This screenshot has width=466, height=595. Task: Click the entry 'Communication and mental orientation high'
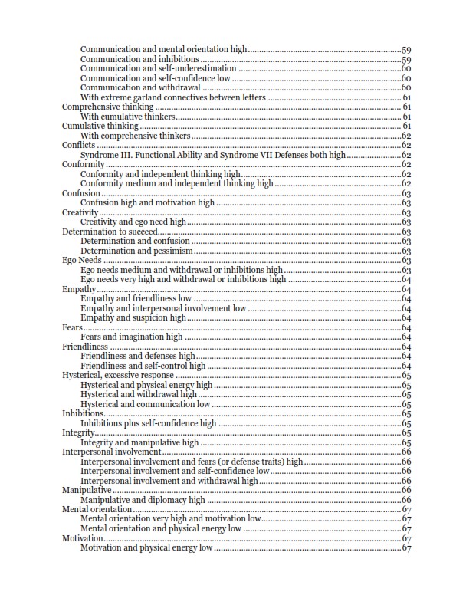[163, 50]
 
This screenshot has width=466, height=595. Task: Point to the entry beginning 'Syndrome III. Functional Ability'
[213, 155]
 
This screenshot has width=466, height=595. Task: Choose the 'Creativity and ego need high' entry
[133, 222]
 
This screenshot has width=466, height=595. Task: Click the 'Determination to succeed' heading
[110, 232]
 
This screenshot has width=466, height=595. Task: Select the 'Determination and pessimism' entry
[136, 251]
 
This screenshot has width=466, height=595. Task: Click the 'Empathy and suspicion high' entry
[133, 318]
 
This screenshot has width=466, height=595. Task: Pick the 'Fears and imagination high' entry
[131, 337]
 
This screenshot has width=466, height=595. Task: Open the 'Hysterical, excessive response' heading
[117, 376]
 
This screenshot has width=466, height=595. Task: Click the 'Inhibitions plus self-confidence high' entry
[149, 423]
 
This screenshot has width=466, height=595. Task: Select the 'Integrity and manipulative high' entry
[139, 442]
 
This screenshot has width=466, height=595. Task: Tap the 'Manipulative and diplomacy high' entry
[143, 500]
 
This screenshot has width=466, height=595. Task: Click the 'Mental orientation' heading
[97, 510]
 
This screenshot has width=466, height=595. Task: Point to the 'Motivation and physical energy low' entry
[146, 548]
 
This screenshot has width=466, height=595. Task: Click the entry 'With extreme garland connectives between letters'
[173, 97]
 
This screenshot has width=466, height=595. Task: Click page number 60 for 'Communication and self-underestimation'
[406, 69]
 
